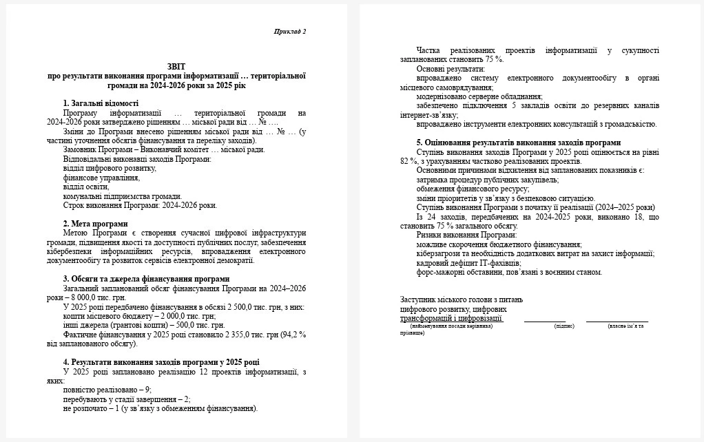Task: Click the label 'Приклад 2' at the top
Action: pos(289,32)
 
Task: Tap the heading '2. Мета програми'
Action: pos(95,224)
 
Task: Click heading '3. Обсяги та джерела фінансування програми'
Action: pos(146,279)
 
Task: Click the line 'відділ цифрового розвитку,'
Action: pos(109,168)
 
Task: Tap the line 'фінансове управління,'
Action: pos(101,178)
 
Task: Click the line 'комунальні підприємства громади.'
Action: pos(122,196)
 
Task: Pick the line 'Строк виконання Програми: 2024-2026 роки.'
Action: pos(139,205)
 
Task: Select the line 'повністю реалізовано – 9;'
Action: pos(106,390)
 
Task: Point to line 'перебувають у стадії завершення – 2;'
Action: pos(126,399)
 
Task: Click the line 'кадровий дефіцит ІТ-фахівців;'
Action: pos(469,263)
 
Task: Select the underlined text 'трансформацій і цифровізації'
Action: pos(451,318)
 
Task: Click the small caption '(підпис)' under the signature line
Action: pos(564,326)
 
